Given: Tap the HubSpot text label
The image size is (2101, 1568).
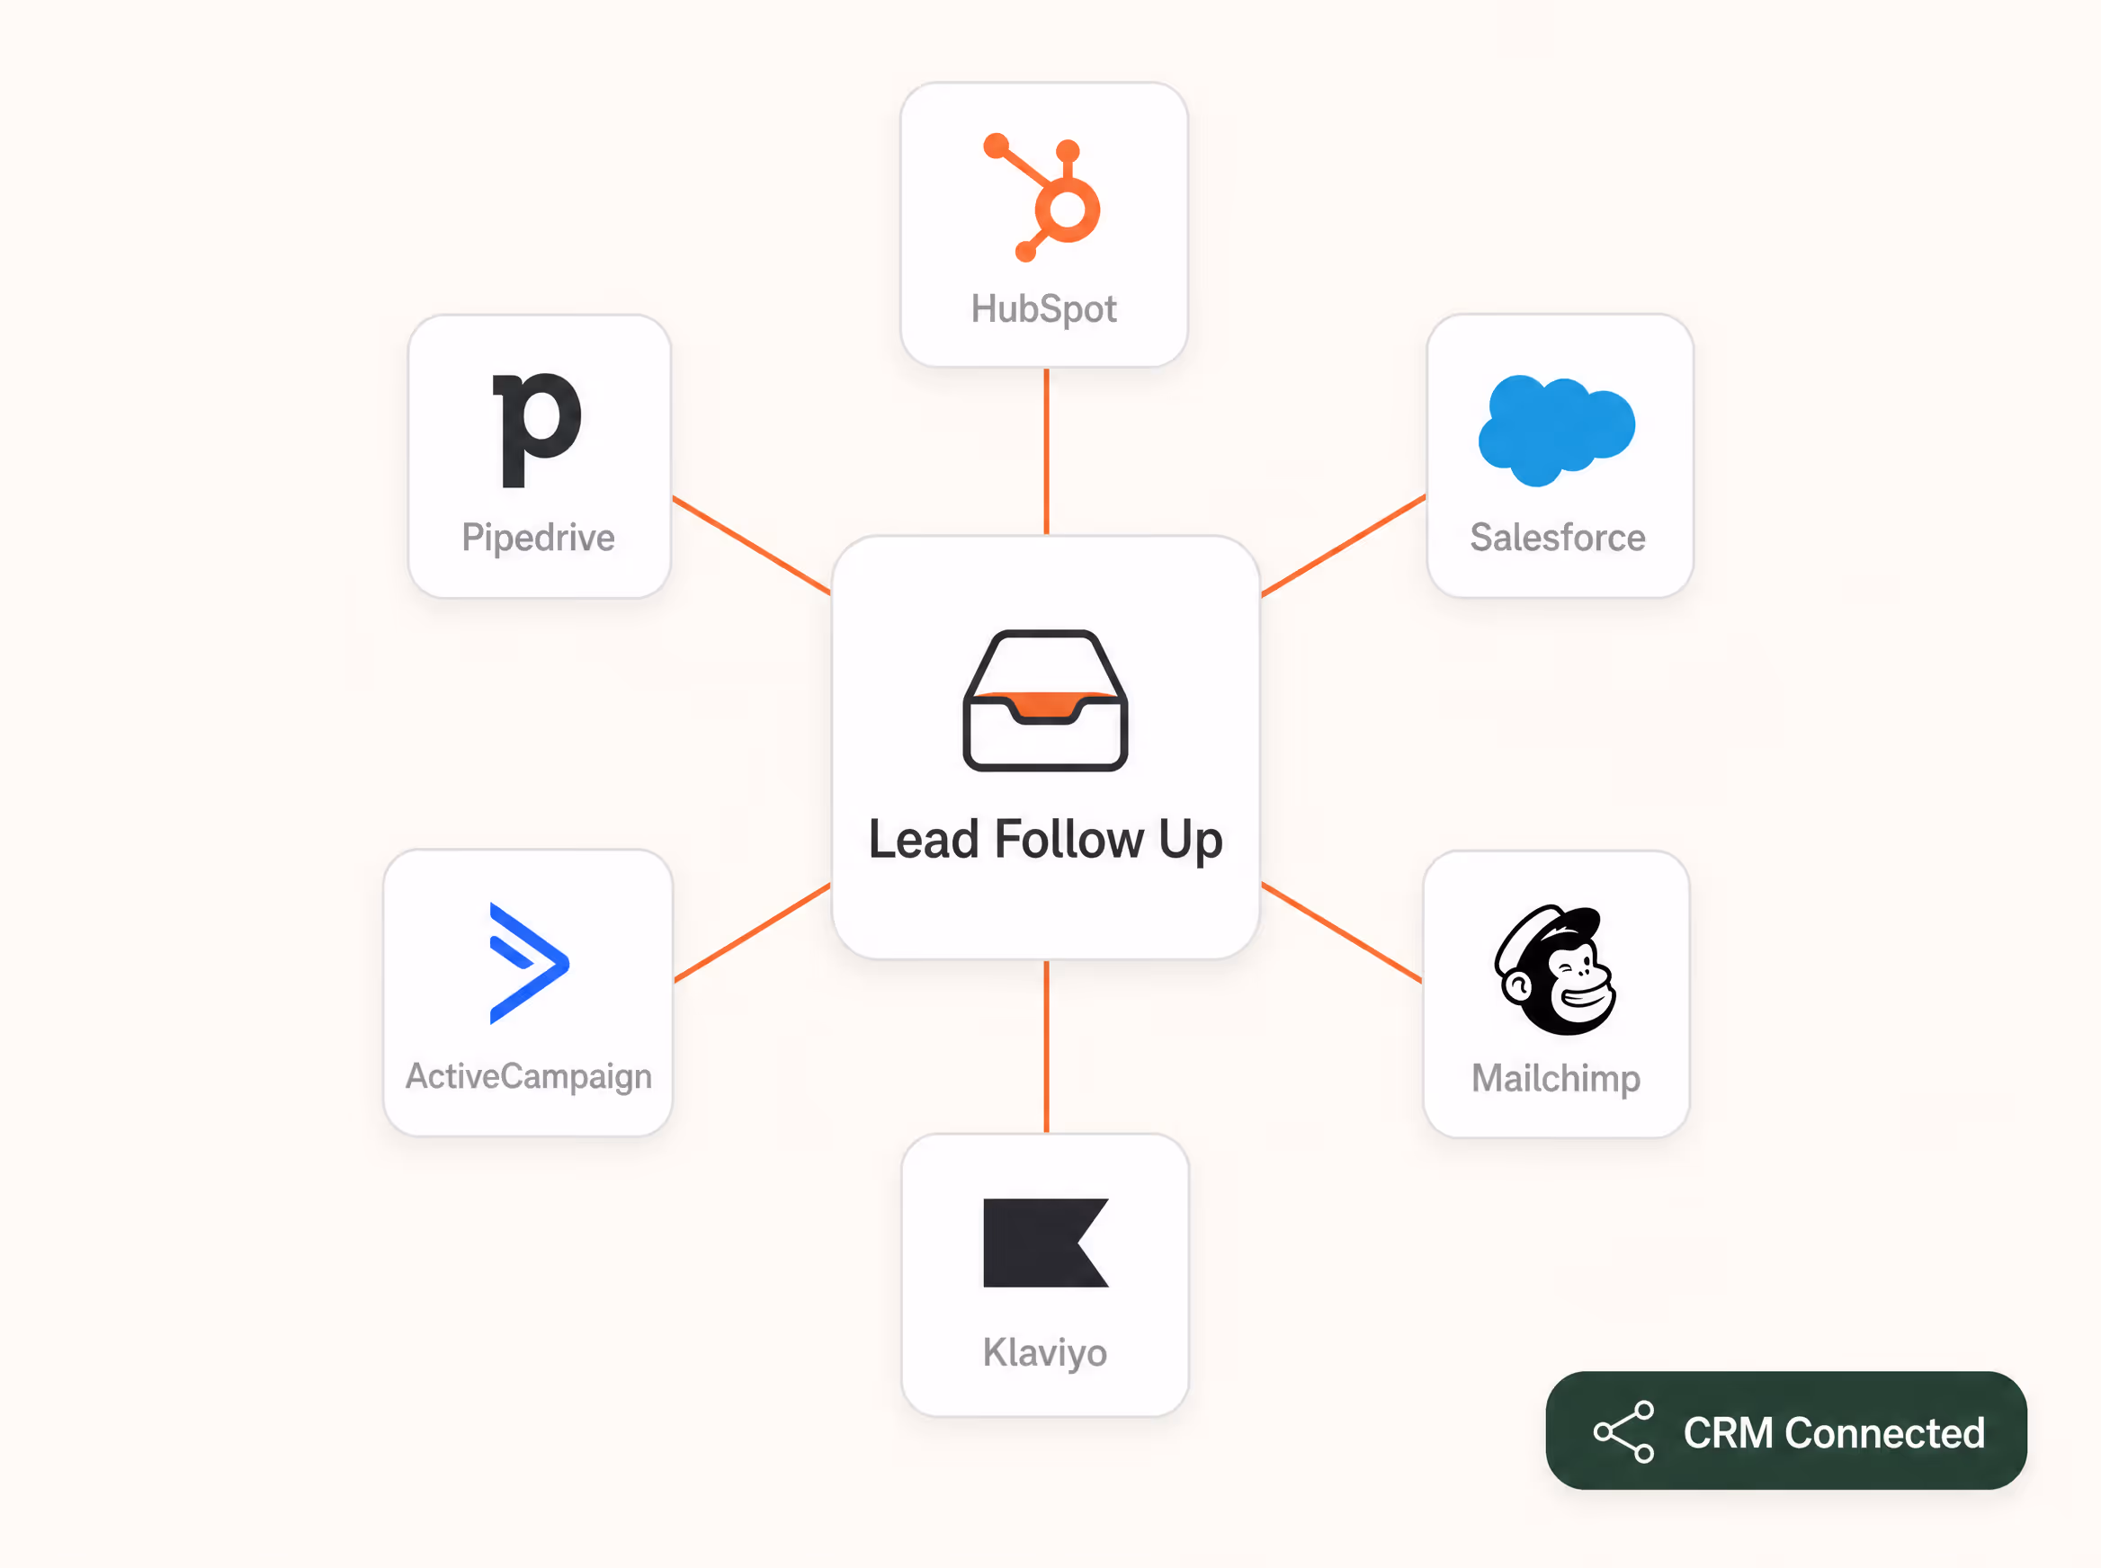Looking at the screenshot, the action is tap(1043, 309).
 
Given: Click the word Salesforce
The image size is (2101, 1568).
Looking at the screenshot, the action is tap(1557, 538).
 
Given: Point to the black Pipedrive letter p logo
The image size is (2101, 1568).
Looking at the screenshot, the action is tap(536, 429).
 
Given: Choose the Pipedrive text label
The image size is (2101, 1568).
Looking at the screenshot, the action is tap(539, 539).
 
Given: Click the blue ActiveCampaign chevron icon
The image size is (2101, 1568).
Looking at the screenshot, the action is tap(529, 964).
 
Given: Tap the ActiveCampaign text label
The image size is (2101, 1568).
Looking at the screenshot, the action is tap(529, 1077).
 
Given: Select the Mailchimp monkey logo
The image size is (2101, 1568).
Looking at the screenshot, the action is tap(1555, 969).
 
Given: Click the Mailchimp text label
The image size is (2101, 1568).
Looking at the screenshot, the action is tap(1556, 1079).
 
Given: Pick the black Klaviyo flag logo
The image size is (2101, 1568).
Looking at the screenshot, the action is tap(1045, 1243).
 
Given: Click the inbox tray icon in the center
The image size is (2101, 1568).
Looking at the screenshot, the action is tap(1045, 700).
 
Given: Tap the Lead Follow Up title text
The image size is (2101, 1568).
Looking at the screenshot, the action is tap(1045, 840).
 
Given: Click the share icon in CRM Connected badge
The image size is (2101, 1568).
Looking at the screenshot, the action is tap(1624, 1432).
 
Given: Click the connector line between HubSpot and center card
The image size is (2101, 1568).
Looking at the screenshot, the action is tap(1046, 452).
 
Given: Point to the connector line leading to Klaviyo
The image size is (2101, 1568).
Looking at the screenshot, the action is tap(1046, 1047).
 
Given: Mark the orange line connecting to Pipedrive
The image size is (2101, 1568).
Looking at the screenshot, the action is tap(751, 546).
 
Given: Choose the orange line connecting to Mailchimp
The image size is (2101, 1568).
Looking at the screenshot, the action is tap(1342, 933).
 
